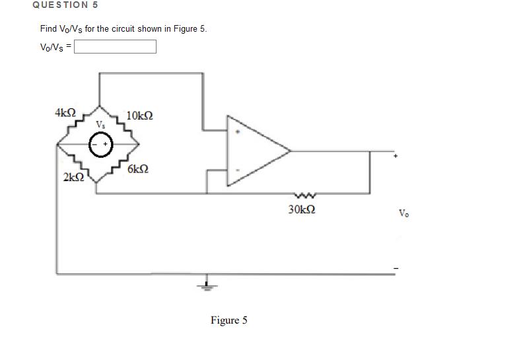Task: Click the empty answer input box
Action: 115,47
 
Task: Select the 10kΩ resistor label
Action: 139,115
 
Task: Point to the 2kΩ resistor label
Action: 73,177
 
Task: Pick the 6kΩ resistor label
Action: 137,169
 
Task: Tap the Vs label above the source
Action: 100,124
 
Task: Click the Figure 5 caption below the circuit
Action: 229,320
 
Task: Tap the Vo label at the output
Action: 403,213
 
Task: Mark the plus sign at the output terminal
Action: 396,157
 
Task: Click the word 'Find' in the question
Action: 48,29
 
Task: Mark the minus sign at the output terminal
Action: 396,268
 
